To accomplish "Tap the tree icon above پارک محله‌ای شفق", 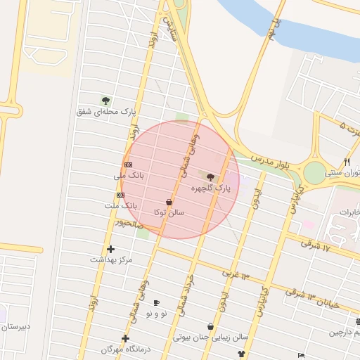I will [x=105, y=101].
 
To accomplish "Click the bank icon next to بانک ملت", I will [x=121, y=195].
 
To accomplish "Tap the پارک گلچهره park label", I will [x=210, y=188].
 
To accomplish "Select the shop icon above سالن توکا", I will [x=169, y=201].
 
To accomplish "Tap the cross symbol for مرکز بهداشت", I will [x=110, y=249].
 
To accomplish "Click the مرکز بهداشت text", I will [x=110, y=259].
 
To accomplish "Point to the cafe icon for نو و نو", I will [x=156, y=302].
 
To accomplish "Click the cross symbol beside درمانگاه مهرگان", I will [x=126, y=338].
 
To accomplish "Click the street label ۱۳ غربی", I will [x=236, y=273].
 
